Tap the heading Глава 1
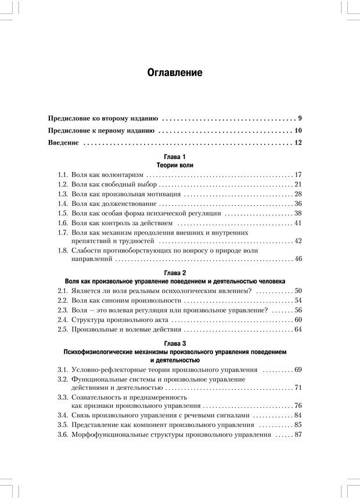175,157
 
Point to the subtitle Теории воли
175,165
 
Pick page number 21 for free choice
298,185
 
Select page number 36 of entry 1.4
298,204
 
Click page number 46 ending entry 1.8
298,259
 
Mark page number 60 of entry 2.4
298,320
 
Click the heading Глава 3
175,343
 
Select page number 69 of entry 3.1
298,370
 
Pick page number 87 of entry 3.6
298,435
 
